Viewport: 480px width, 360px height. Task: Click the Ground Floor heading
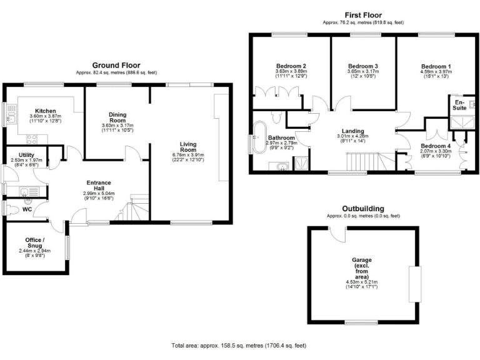116,65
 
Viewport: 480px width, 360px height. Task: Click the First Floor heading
363,15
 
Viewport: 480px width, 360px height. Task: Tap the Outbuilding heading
362,209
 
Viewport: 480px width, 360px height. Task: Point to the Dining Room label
117,117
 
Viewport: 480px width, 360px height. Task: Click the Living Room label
188,147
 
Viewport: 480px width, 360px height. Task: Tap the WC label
27,209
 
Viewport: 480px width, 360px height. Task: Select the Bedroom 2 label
291,66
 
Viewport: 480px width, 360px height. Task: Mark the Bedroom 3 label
363,66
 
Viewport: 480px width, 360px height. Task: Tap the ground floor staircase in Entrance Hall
132,208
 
